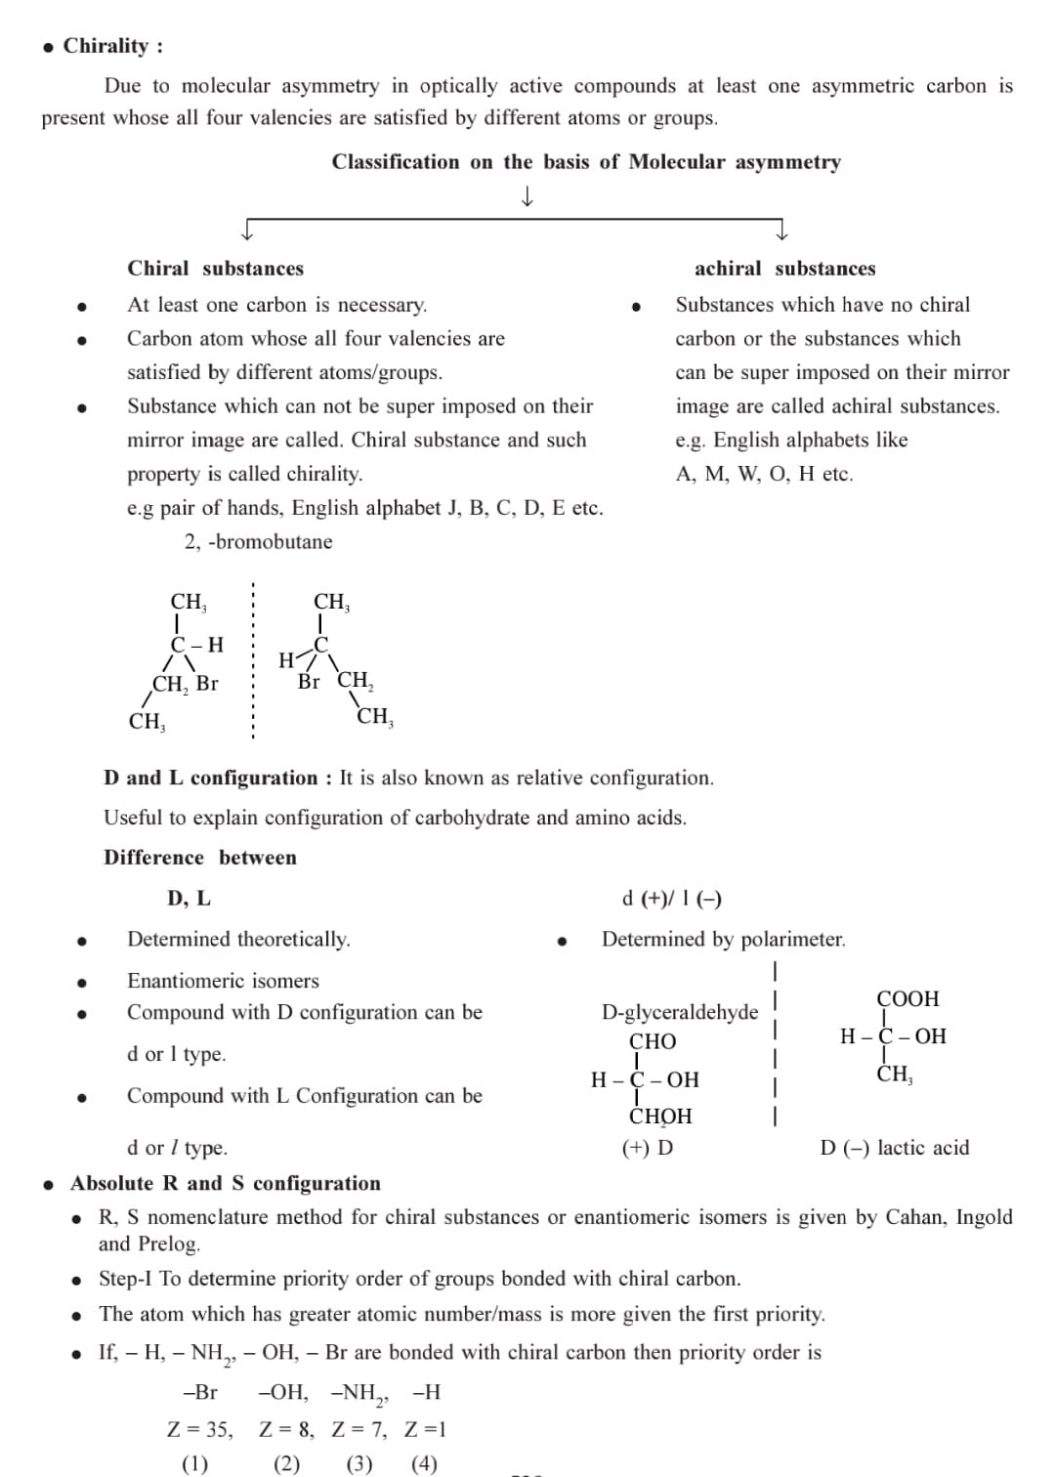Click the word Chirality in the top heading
[105, 46]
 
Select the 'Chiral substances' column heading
[215, 269]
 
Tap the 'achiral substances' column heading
[784, 269]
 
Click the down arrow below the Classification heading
[527, 197]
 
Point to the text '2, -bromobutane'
[258, 542]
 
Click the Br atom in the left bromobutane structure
[207, 684]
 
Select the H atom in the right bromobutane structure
[285, 660]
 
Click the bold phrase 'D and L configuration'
[210, 779]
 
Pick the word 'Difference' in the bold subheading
[153, 858]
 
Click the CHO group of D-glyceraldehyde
[652, 1041]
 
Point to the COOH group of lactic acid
[907, 999]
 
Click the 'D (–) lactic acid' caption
[894, 1148]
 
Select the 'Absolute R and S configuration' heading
[226, 1184]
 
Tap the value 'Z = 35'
[200, 1430]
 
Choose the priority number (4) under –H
[424, 1464]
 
